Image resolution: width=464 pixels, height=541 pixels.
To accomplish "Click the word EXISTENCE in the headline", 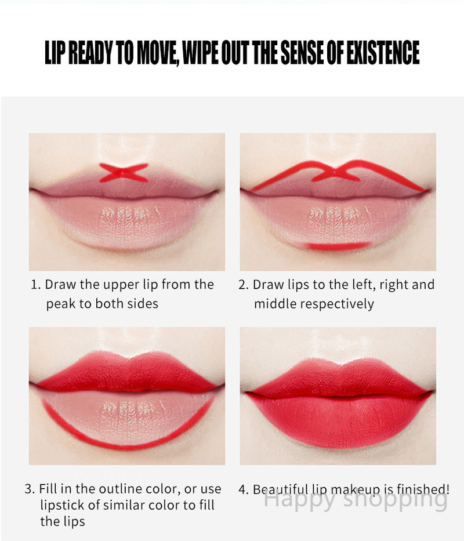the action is (x=383, y=52).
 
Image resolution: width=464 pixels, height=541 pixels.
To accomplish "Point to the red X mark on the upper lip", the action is (x=124, y=172).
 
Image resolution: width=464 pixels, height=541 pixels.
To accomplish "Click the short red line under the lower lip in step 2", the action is (x=336, y=246).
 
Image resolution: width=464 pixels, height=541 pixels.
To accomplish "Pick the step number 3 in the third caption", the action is (x=30, y=489).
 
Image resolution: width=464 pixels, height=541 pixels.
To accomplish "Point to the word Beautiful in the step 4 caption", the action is (x=280, y=489).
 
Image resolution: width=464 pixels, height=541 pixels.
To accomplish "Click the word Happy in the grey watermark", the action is (x=300, y=499).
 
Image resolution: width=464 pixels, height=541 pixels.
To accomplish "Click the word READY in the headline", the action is (x=90, y=52).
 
